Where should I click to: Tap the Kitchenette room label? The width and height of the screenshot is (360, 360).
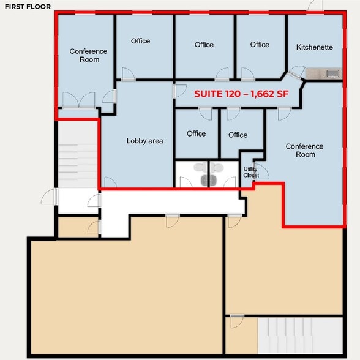[x=314, y=47]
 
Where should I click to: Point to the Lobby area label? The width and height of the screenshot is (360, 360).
[x=144, y=141]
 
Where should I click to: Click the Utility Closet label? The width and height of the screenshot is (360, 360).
[x=251, y=172]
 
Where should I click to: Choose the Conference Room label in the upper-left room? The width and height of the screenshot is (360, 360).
[x=88, y=56]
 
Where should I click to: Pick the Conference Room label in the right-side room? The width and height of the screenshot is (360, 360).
[x=304, y=151]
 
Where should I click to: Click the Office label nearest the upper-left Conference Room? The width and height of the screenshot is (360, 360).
[x=140, y=41]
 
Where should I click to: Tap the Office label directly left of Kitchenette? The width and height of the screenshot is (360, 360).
[x=260, y=45]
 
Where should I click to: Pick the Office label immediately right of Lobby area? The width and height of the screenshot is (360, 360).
[x=196, y=133]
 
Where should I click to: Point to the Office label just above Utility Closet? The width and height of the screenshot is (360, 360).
[x=238, y=135]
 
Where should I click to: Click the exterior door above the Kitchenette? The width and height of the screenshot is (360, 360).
[x=316, y=6]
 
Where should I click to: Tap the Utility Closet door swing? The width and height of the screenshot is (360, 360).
[x=261, y=171]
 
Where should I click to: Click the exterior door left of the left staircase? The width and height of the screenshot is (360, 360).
[x=49, y=197]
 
